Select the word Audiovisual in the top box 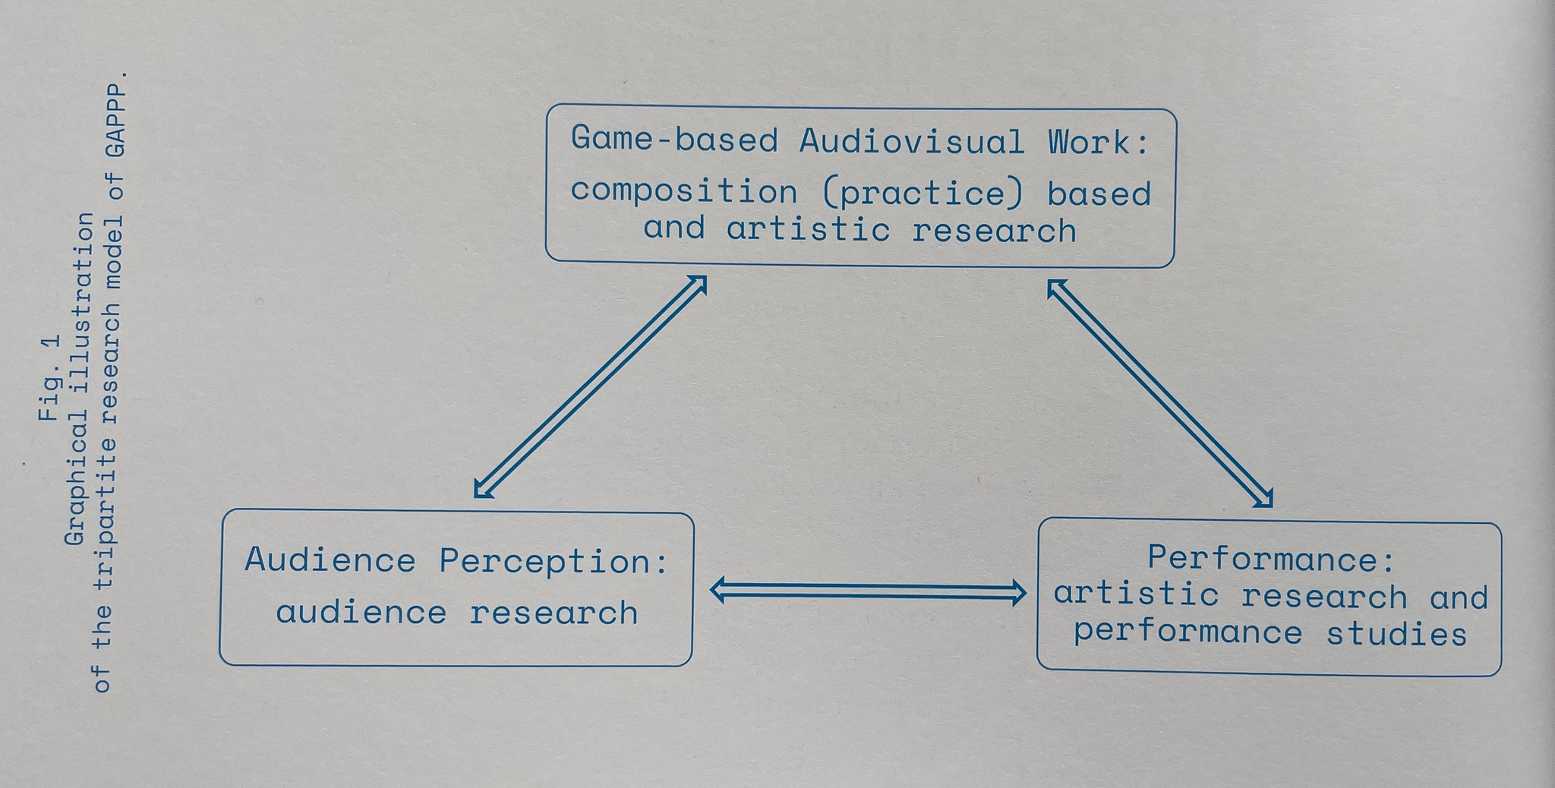click(911, 142)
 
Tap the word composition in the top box click(683, 191)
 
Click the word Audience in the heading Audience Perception click(330, 560)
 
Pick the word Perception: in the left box click(554, 562)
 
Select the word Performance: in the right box click(1271, 559)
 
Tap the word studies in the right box click(1396, 634)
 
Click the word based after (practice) click(1099, 194)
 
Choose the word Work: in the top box click(1099, 142)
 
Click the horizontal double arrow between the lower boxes click(868, 591)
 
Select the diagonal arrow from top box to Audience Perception click(591, 386)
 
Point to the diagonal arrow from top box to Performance click(1159, 392)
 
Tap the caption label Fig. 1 click(49, 377)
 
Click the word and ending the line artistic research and click(1459, 597)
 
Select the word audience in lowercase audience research click(361, 613)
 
